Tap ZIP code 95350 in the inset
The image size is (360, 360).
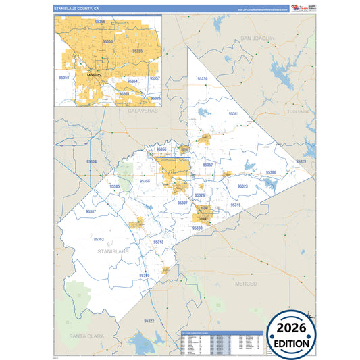click(108, 41)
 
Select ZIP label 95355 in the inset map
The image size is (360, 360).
click(137, 51)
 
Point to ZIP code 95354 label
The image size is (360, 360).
click(132, 81)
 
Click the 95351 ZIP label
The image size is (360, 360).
click(124, 94)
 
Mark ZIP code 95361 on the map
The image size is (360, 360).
click(234, 113)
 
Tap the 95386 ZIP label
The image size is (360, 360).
click(271, 172)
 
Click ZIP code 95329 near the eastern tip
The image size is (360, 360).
click(301, 161)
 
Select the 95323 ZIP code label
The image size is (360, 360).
click(242, 186)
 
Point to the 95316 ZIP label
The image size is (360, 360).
click(235, 204)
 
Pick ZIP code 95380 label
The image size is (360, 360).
click(197, 228)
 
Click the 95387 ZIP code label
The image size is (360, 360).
click(91, 211)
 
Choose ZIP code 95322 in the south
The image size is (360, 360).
click(149, 320)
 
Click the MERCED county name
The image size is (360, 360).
click(245, 284)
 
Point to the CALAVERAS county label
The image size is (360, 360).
click(143, 109)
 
